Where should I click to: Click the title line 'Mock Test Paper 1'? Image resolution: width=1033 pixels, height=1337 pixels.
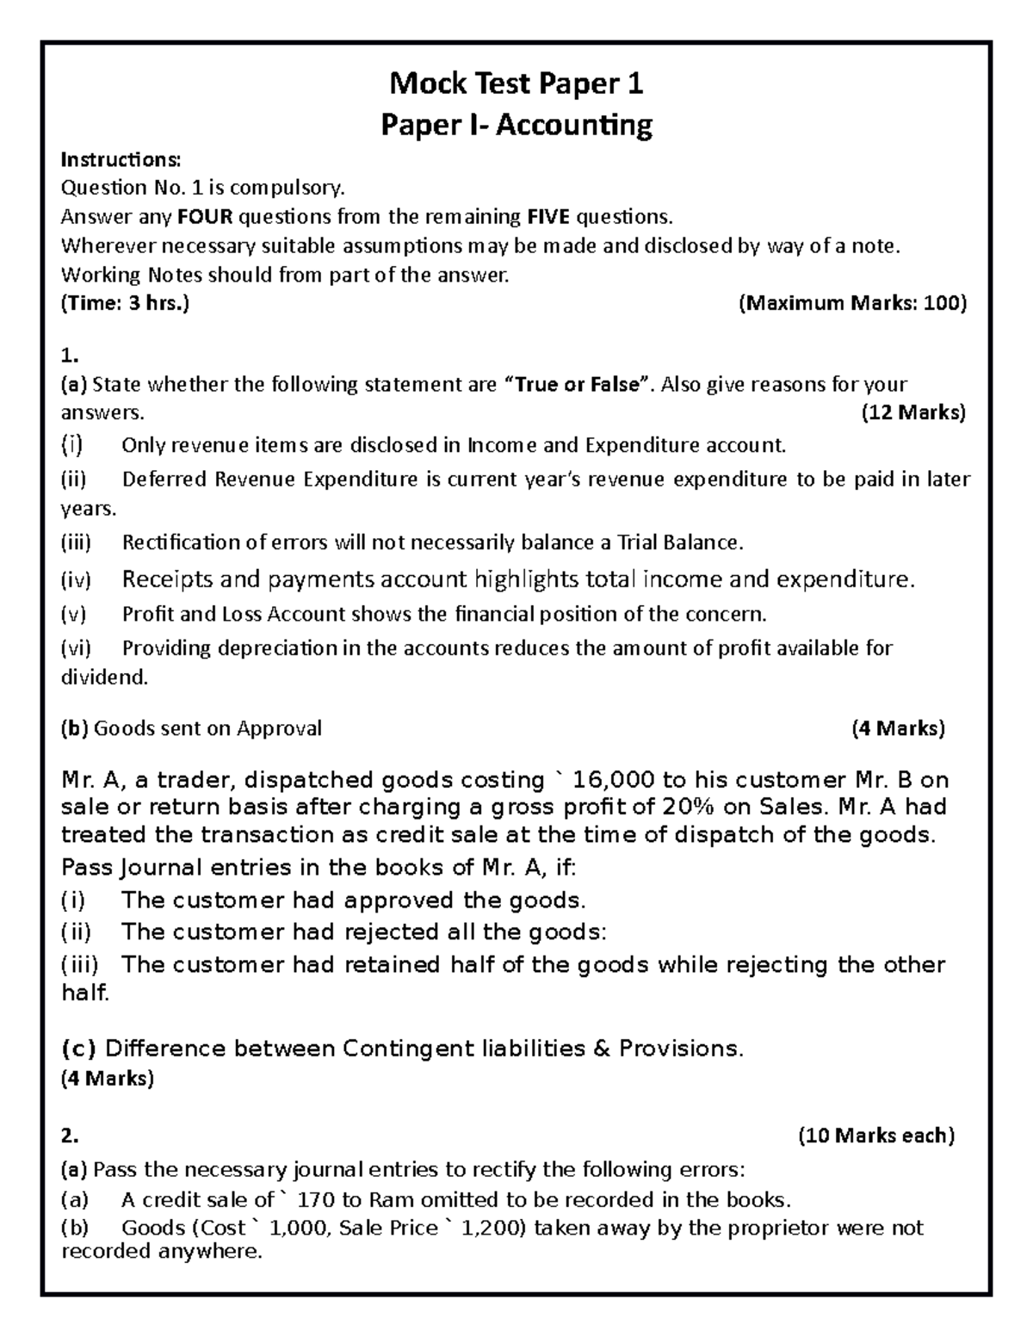point(516,84)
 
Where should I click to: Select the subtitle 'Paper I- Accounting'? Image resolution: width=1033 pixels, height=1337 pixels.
point(516,126)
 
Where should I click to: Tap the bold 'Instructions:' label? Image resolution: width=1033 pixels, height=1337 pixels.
point(121,159)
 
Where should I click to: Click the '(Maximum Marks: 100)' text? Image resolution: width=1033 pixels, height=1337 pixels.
point(853,303)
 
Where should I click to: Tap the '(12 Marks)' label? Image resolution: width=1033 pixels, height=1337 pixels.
point(913,412)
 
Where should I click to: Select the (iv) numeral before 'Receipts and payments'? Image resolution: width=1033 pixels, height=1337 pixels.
point(76,580)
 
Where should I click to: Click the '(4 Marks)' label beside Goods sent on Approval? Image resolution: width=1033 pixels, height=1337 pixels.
point(898,728)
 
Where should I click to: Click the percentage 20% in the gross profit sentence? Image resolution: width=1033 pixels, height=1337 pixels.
point(685,808)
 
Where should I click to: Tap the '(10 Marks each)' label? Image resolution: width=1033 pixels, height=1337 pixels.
point(876,1136)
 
